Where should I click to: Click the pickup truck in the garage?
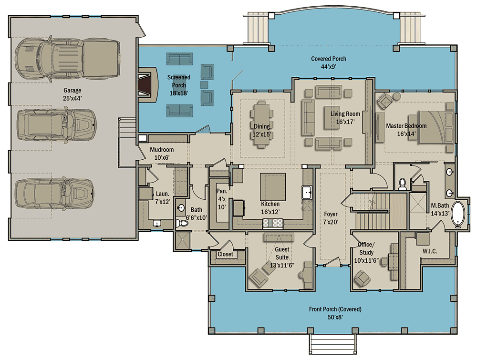pyautogui.click(x=68, y=59)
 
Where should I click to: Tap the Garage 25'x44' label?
pyautogui.click(x=73, y=94)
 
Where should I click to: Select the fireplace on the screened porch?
pyautogui.click(x=148, y=85)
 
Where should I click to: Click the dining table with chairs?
pyautogui.click(x=261, y=124)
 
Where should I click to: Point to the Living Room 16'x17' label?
pyautogui.click(x=345, y=118)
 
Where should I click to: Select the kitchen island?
pyautogui.click(x=272, y=187)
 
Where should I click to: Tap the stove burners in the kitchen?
pyautogui.click(x=273, y=224)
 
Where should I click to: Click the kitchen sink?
pyautogui.click(x=307, y=193)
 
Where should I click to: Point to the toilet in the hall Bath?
pyautogui.click(x=182, y=224)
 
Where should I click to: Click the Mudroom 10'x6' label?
pyautogui.click(x=162, y=154)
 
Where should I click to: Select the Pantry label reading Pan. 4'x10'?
pyautogui.click(x=222, y=199)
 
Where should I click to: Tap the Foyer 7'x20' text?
pyautogui.click(x=331, y=218)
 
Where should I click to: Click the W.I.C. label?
pyautogui.click(x=430, y=251)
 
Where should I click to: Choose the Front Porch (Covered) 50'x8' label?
pyautogui.click(x=335, y=313)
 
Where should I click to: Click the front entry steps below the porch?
pyautogui.click(x=333, y=344)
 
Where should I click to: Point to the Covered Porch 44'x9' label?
pyautogui.click(x=329, y=62)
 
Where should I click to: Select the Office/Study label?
pyautogui.click(x=366, y=248)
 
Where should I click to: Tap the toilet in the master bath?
pyautogui.click(x=403, y=184)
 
